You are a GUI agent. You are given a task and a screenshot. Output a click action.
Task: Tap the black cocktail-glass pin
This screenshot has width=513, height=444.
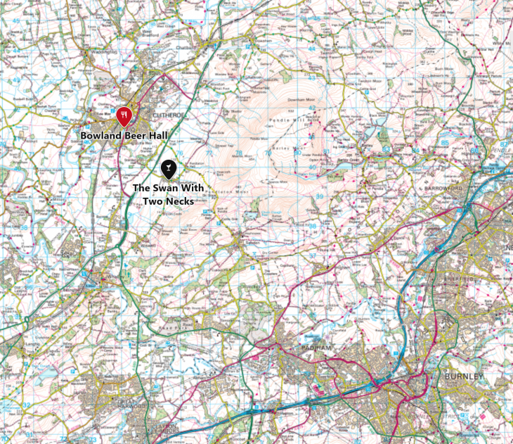tap(169, 168)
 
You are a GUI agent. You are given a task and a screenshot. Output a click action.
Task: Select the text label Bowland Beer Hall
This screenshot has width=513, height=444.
tap(124, 135)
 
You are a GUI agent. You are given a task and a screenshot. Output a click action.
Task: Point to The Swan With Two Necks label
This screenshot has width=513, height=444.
tap(169, 195)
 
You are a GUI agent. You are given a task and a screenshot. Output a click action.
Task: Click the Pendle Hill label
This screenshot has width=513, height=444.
tap(289, 120)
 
